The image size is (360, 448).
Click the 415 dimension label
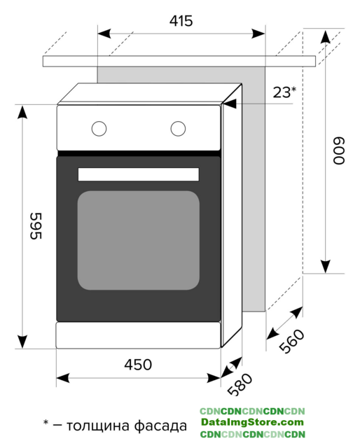click(x=181, y=21)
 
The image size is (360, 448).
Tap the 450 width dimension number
click(x=138, y=365)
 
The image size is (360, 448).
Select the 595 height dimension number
click(x=36, y=225)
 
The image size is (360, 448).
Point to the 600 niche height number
click(x=339, y=150)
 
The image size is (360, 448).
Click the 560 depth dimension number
click(x=291, y=341)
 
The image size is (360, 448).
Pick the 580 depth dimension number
click(x=240, y=384)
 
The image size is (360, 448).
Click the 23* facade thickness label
click(x=284, y=92)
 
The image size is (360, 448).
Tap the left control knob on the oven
click(x=99, y=129)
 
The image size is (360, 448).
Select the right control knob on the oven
click(x=178, y=129)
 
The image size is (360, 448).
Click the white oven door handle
click(x=139, y=174)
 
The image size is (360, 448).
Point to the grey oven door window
click(x=139, y=240)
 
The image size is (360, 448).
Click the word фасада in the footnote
click(x=160, y=426)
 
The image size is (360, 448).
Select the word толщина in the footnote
click(x=98, y=426)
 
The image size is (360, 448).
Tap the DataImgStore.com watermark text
click(x=252, y=422)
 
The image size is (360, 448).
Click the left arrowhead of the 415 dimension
click(x=104, y=34)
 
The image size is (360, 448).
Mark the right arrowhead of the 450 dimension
click(x=214, y=378)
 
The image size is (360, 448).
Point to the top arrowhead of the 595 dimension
click(x=22, y=112)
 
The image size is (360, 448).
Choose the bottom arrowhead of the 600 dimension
click(x=326, y=267)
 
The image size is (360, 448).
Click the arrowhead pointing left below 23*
click(x=230, y=104)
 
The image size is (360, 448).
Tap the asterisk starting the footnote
click(x=46, y=422)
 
